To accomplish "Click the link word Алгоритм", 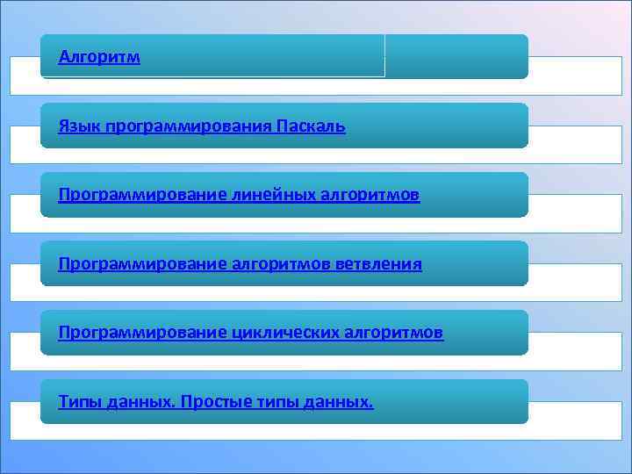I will (x=99, y=58).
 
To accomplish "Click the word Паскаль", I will (x=311, y=127).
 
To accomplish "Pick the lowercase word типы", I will (x=276, y=402).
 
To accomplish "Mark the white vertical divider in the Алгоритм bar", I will (x=384, y=56).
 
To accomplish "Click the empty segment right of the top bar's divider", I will (x=456, y=56).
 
